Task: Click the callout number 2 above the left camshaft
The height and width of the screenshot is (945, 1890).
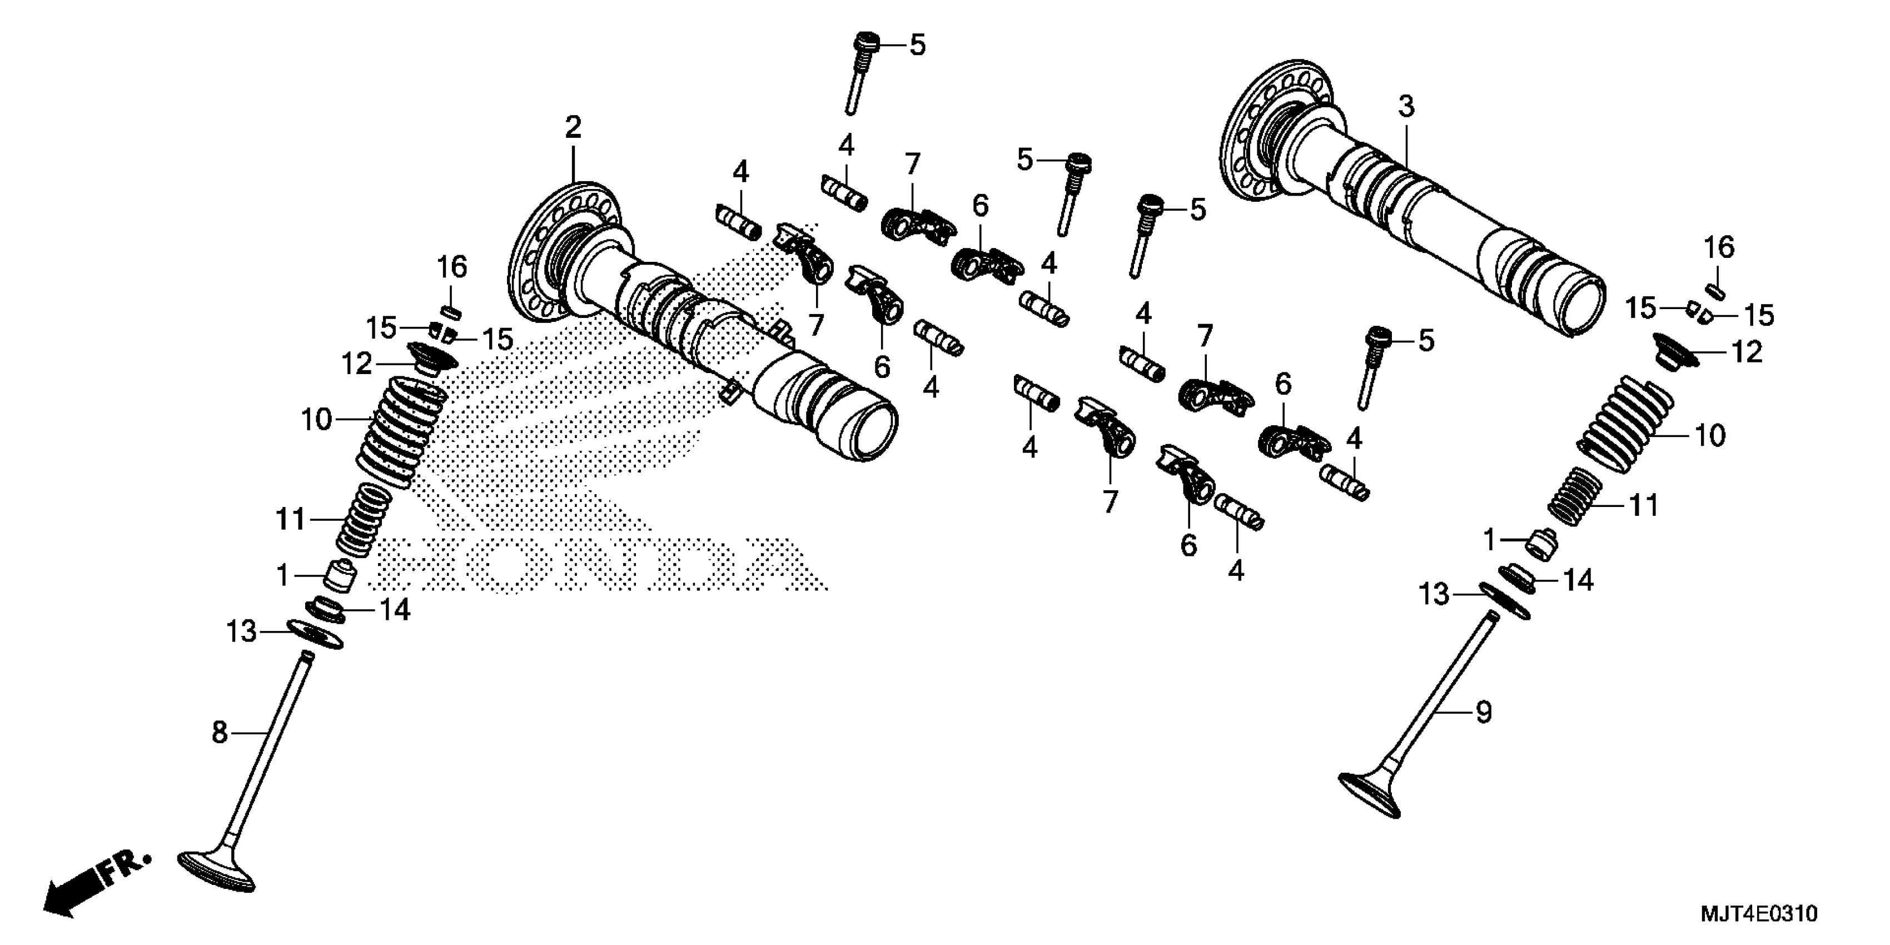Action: [573, 128]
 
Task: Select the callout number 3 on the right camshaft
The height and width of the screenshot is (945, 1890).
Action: [1406, 107]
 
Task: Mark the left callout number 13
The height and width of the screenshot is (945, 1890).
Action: [241, 631]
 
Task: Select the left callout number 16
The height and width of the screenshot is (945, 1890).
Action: [452, 267]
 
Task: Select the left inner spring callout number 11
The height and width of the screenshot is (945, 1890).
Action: [291, 519]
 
